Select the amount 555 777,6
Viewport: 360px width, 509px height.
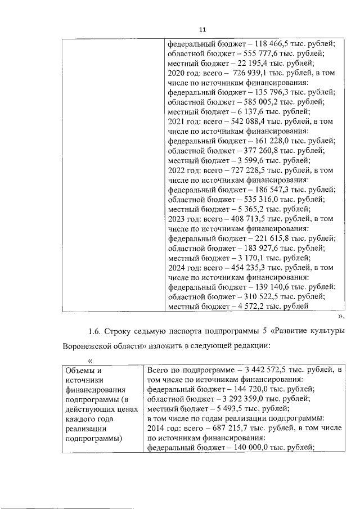[x=260, y=53]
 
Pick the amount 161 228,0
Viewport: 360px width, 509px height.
[x=272, y=140]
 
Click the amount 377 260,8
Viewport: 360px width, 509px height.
[x=260, y=150]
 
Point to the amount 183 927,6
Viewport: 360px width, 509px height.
[x=260, y=248]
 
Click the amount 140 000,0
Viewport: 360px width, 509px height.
[x=250, y=449]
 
